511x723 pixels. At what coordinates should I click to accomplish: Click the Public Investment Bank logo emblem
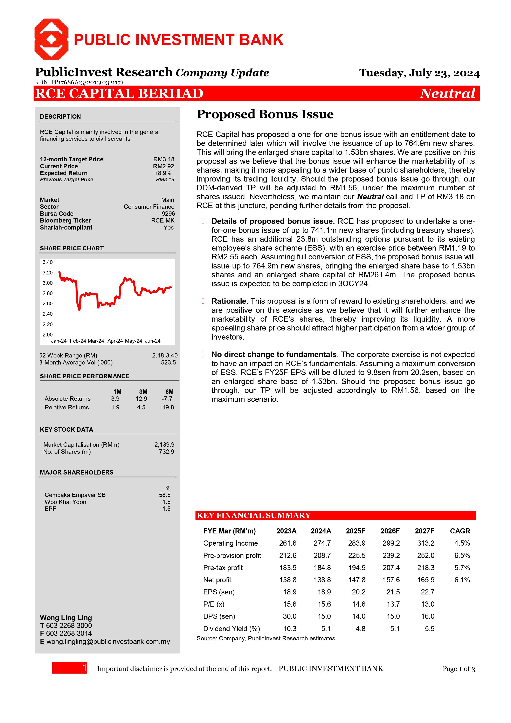51,39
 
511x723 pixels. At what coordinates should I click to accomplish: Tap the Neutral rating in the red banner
447,94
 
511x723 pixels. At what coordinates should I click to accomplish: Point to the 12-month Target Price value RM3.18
164,159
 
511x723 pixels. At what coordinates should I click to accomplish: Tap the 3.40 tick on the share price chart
48,262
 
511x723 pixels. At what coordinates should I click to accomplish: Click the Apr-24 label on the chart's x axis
115,341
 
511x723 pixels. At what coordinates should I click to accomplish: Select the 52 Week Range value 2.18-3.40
165,355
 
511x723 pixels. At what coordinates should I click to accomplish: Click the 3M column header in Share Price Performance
143,392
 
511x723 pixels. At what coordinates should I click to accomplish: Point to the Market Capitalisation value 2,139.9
164,445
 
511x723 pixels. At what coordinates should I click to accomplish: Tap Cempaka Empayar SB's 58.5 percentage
165,495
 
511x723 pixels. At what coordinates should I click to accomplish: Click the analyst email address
108,641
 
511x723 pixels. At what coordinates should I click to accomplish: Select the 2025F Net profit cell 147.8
357,580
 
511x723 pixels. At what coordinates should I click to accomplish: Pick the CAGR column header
460,531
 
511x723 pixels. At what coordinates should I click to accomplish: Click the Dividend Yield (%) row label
232,629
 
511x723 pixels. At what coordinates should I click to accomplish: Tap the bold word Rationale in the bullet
230,301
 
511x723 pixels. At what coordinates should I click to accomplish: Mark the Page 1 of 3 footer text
458,669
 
